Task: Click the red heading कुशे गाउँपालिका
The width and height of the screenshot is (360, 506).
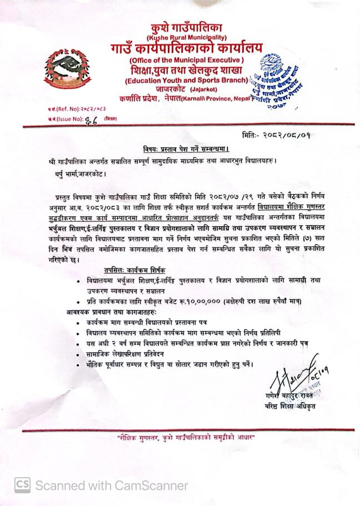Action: [182, 27]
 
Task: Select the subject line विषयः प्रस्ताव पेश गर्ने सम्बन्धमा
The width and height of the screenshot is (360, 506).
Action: [181, 149]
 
